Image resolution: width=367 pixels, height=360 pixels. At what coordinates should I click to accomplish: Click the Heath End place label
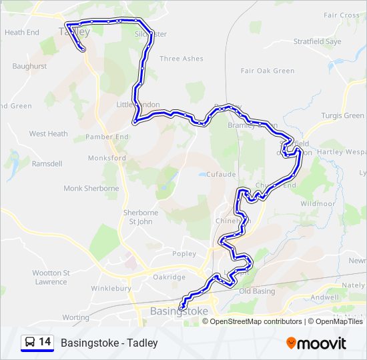(22, 32)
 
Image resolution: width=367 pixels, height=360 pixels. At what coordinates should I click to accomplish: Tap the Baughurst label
(29, 66)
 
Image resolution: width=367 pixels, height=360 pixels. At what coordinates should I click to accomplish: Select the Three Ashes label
(181, 59)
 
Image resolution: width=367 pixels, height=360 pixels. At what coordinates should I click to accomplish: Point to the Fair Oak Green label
(268, 71)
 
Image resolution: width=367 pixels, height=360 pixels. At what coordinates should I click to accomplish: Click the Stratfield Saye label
(318, 41)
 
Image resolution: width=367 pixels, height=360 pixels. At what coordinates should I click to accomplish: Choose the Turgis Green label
(343, 116)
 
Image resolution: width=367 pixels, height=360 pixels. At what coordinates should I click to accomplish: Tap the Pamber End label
(107, 137)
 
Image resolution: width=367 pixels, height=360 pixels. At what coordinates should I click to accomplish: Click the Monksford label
(107, 158)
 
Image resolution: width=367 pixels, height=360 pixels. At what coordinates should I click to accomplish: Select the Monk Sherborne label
(91, 189)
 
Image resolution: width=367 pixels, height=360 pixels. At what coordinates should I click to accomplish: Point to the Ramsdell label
(47, 163)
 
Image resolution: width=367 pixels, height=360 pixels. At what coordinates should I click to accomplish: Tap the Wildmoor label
(317, 203)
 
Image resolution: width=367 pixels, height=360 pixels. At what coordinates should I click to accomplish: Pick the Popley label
(184, 253)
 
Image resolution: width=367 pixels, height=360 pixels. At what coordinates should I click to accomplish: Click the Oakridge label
(169, 277)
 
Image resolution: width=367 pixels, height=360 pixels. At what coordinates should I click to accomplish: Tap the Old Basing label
(257, 291)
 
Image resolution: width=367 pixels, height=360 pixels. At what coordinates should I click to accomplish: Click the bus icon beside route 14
(30, 342)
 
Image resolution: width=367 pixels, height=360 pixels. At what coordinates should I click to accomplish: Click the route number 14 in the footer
(45, 342)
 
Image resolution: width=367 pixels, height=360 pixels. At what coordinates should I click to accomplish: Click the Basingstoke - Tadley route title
(109, 343)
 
